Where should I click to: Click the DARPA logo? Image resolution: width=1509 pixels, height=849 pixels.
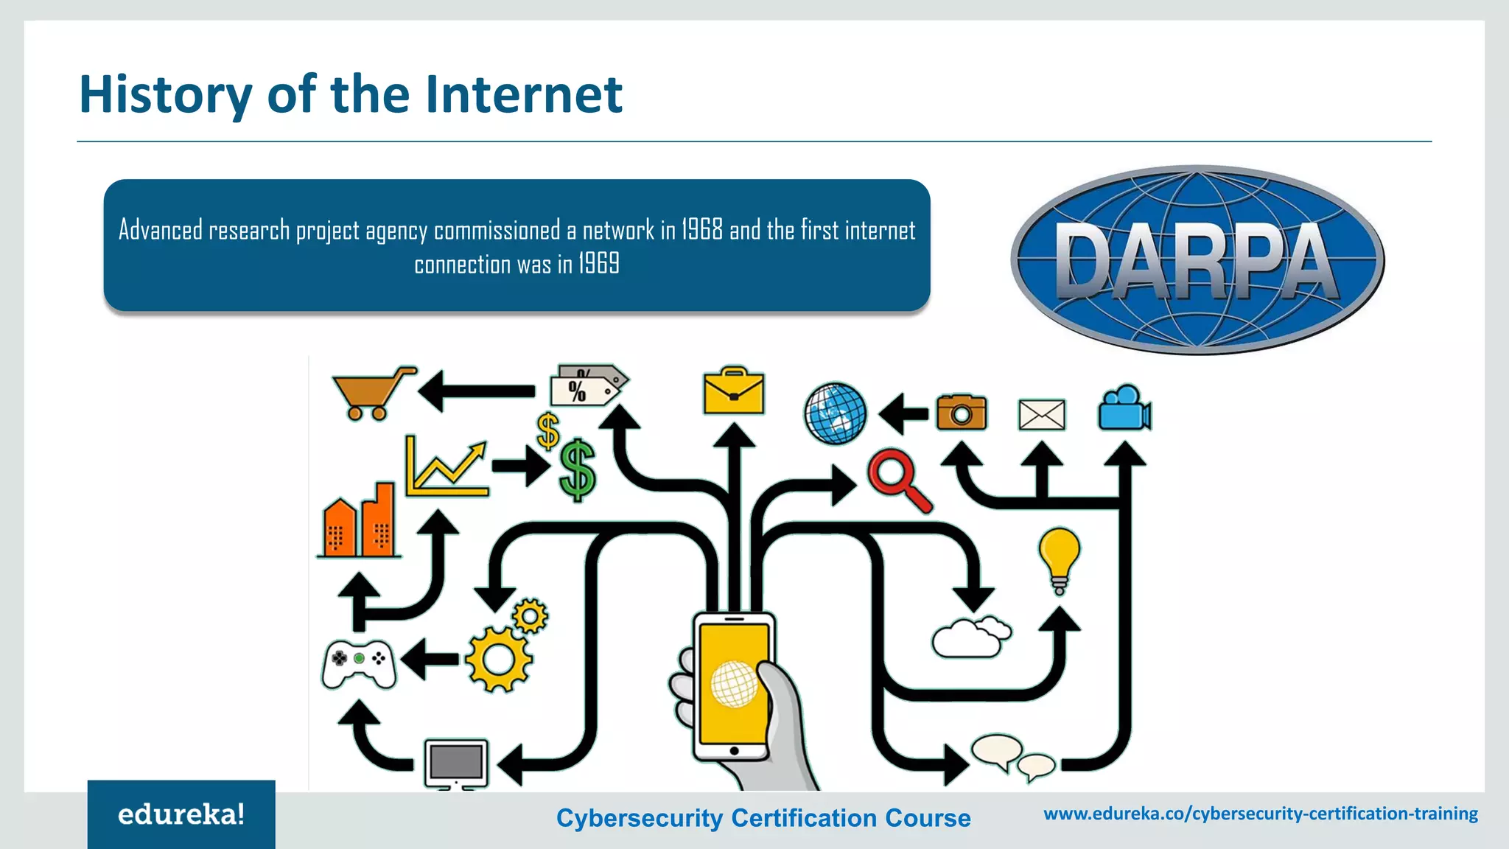[x=1197, y=260]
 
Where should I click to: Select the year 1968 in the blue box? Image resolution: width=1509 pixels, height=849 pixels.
[x=701, y=230]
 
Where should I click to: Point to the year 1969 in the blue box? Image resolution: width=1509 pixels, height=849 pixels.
[x=598, y=264]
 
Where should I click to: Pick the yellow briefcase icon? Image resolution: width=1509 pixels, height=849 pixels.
[x=734, y=391]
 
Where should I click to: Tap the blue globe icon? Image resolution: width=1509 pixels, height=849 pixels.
[x=835, y=413]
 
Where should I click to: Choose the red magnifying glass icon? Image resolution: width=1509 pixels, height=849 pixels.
[x=898, y=479]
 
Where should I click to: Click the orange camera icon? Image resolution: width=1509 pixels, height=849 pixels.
[x=962, y=413]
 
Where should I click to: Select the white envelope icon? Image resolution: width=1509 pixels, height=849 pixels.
[x=1041, y=414]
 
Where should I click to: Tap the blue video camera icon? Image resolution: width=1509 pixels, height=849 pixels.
[x=1124, y=408]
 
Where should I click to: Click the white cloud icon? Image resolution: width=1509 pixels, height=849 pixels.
[x=970, y=637]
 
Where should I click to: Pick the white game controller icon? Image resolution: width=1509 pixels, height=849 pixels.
[x=359, y=663]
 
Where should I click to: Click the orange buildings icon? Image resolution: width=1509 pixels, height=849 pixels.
[x=360, y=521]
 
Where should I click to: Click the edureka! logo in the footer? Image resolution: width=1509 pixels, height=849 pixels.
[x=181, y=814]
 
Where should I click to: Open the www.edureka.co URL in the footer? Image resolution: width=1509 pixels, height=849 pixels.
[x=1261, y=814]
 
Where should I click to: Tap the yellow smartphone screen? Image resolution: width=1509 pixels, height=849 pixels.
[x=733, y=682]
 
